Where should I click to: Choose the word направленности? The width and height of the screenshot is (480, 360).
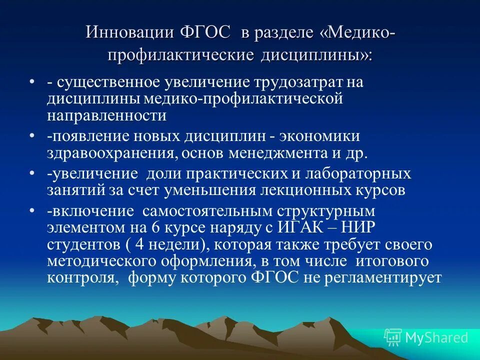106,116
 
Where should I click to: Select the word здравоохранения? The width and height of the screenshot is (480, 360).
111,153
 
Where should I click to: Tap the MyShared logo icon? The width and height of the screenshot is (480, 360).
393,337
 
